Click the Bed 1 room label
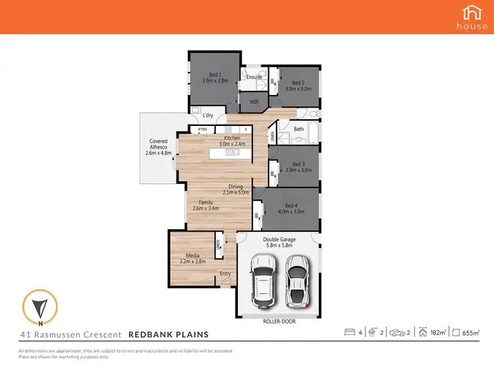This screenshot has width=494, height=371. coord(215,78)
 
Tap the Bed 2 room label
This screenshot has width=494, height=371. coord(298,86)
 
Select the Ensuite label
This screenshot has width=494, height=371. coord(254,77)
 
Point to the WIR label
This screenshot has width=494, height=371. coord(253,102)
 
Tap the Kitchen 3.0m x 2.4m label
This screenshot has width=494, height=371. coord(232,140)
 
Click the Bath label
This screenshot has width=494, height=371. coord(298,129)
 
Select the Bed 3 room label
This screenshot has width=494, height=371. coord(298,167)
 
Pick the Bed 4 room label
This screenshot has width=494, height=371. coord(292,209)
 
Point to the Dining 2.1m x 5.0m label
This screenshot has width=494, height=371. coord(236,190)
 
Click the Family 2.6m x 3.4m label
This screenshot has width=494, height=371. coord(206,205)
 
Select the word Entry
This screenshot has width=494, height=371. coord(226,273)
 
